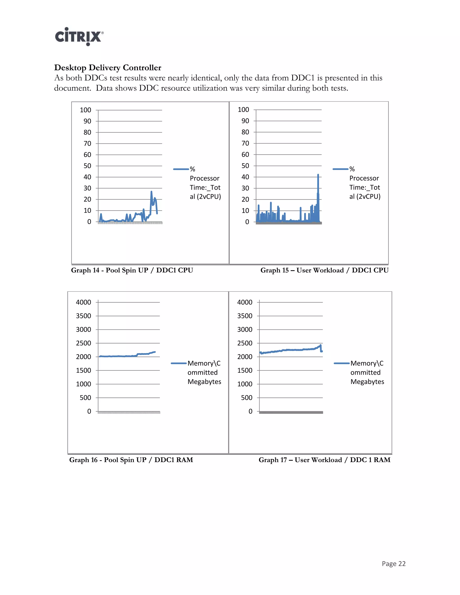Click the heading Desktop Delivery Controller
108,68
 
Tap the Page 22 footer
394,564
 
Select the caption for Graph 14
132,270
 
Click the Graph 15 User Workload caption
324,270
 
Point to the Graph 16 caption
131,460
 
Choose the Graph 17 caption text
324,460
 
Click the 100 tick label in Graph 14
85,110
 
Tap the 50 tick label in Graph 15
245,166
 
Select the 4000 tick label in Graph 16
83,302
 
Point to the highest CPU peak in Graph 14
151,192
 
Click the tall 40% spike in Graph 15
318,175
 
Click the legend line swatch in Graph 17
341,363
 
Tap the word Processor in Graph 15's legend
364,178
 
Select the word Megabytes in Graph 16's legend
204,382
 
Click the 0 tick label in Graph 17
250,411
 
